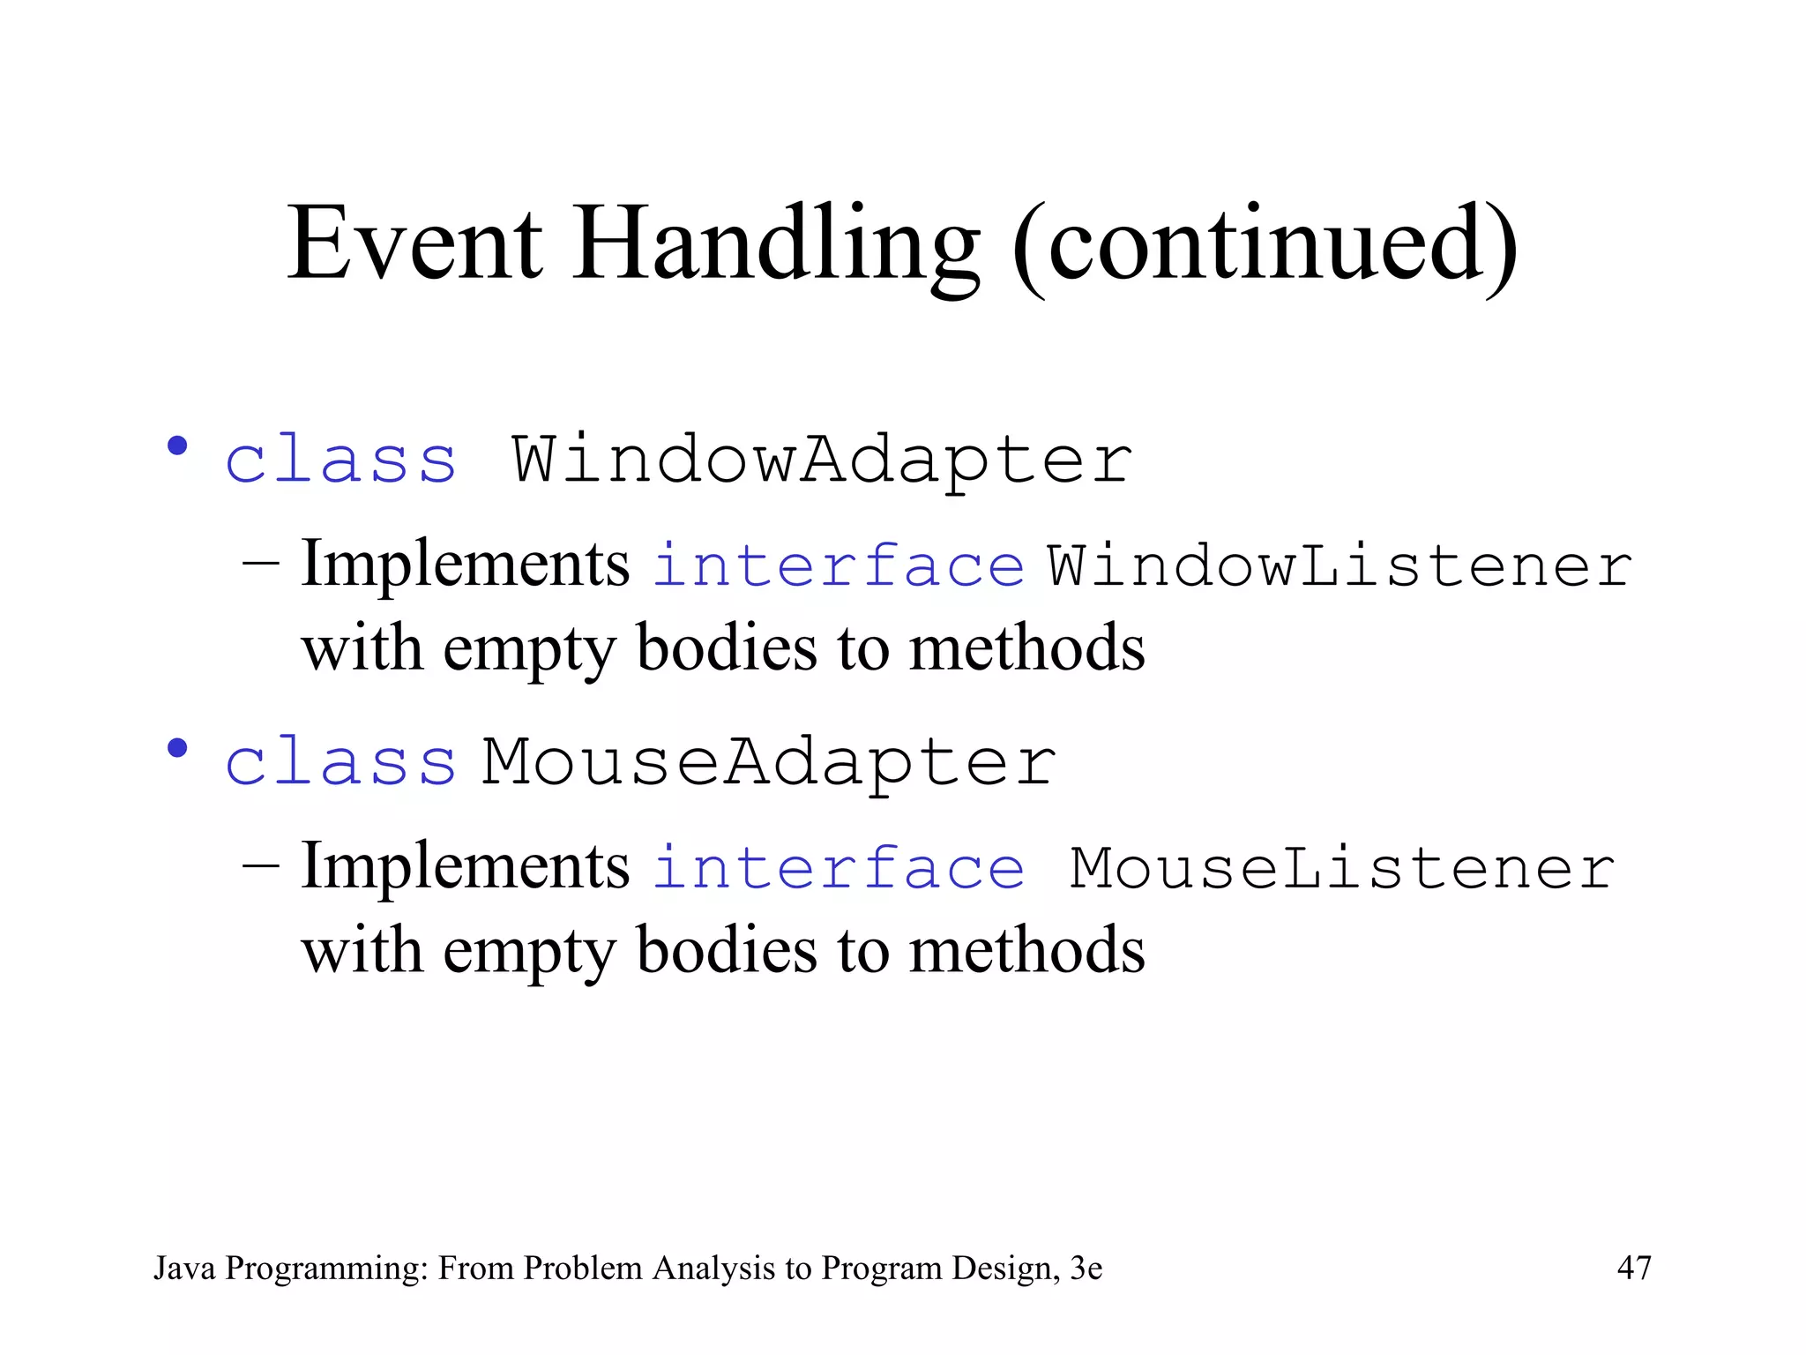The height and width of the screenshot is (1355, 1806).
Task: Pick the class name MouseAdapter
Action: point(769,762)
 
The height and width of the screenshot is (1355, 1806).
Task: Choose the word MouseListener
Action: point(1342,868)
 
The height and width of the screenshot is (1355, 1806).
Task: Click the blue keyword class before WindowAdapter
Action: point(341,460)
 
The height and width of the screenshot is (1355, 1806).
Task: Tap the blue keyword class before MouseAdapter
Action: point(341,762)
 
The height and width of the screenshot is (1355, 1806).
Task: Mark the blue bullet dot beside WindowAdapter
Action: point(178,445)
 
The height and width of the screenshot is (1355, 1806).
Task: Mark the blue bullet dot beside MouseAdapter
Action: point(178,748)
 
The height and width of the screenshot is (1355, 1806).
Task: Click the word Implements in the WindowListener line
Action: point(466,565)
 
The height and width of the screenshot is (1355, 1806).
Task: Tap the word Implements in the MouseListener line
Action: point(466,867)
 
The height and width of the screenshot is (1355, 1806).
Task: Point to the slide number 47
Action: point(1634,1268)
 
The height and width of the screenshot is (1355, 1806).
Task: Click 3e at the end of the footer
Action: point(1086,1268)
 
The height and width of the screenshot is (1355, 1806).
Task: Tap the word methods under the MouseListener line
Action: point(1027,951)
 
